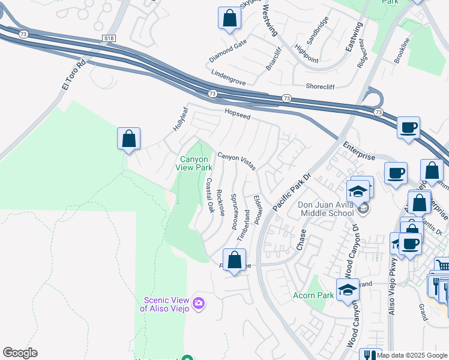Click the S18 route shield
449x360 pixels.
pos(108,38)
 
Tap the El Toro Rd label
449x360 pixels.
pos(74,74)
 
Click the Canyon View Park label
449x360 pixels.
pos(194,163)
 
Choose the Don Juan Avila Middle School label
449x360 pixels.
pos(326,209)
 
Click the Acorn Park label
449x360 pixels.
pos(313,295)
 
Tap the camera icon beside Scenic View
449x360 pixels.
pos(199,304)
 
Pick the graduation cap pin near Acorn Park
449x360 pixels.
pos(348,290)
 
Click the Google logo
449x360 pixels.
pos(20,353)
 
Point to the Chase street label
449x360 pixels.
pos(301,240)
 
